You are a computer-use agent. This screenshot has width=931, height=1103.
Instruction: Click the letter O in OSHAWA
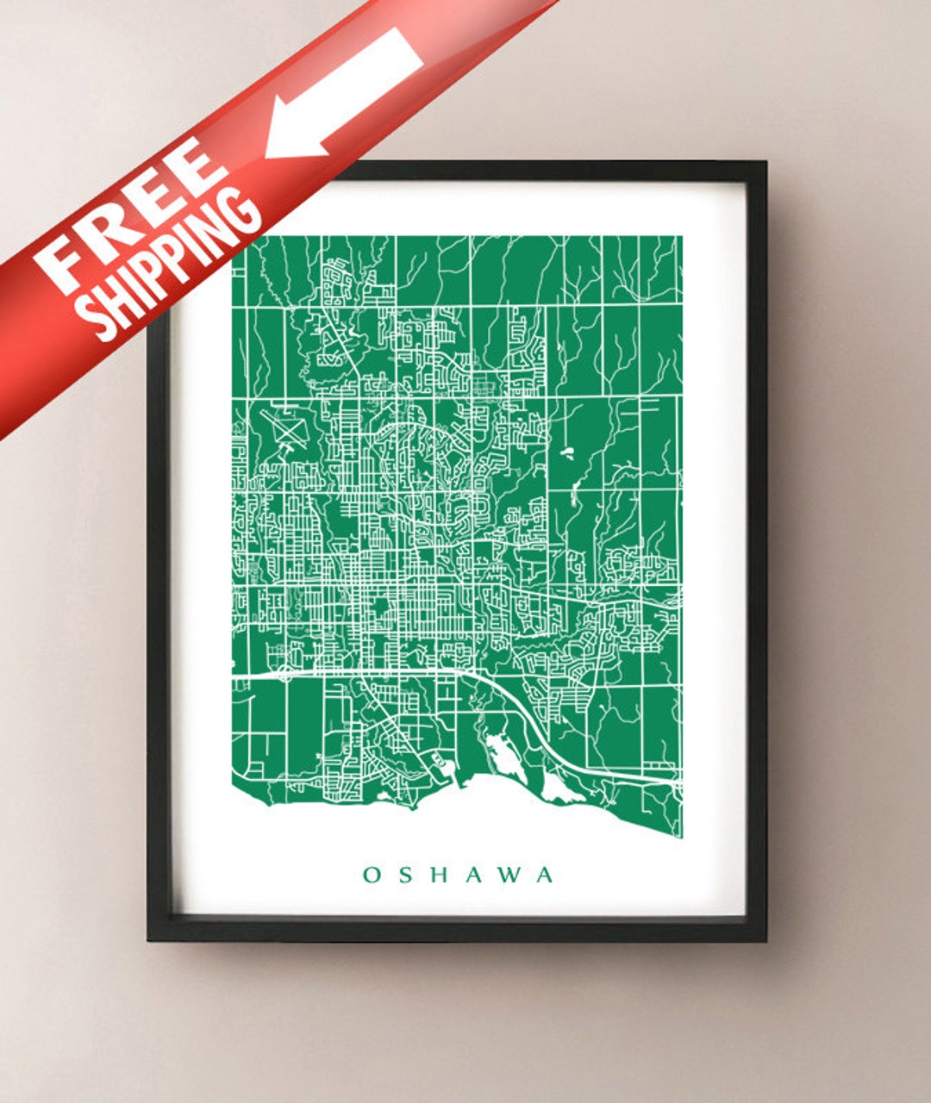(372, 876)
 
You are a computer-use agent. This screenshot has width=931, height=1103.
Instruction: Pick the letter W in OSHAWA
(510, 876)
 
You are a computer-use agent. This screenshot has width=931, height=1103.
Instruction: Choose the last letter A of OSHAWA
(546, 876)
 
